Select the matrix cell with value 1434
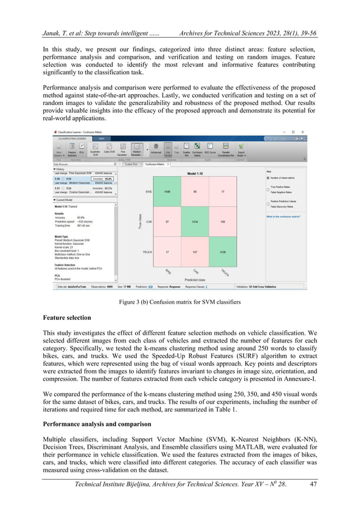point(195,222)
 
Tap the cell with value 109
point(223,222)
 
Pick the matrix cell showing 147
point(195,252)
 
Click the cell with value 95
point(195,192)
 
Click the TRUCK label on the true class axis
point(148,252)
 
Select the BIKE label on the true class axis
point(148,192)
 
